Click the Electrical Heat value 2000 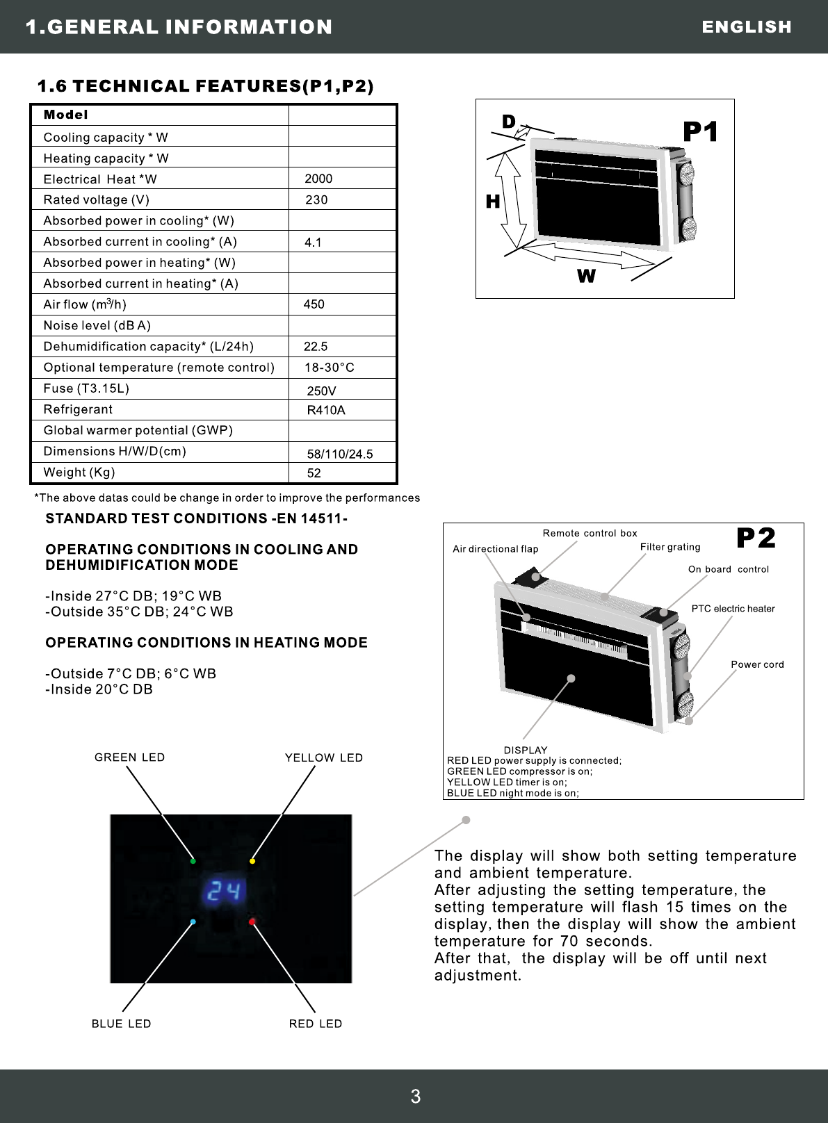318,179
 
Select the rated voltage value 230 316,199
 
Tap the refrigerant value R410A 326,410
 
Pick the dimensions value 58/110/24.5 340,454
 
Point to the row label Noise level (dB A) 97,325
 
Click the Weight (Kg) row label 79,473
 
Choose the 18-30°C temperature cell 330,367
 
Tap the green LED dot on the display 193,861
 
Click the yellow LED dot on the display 252,861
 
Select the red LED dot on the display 252,922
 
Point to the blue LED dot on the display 193,922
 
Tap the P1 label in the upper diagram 700,131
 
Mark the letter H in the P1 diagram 493,202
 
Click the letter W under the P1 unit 586,277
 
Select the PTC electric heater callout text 733,609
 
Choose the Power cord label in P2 757,664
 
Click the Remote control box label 590,533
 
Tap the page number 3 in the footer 416,1097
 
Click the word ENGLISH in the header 747,26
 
